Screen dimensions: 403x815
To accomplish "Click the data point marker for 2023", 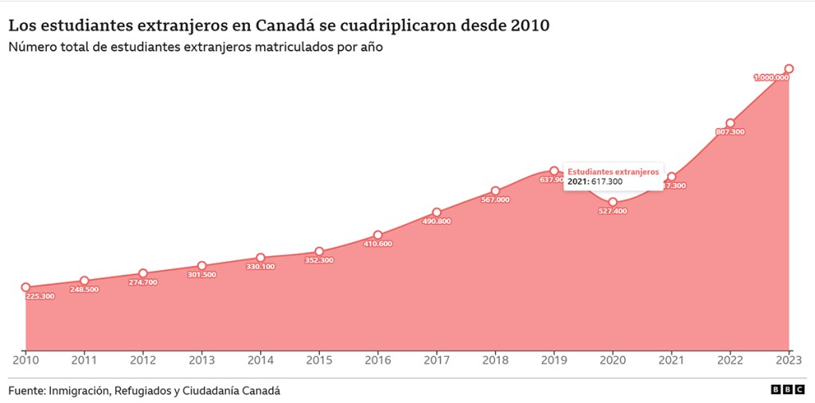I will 789,68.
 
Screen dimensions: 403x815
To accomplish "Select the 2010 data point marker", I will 25,288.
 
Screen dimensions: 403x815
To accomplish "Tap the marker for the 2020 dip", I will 613,202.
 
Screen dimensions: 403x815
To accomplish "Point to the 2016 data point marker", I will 378,236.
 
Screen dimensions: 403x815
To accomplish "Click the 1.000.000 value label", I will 771,77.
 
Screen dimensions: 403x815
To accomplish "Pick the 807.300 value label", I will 730,131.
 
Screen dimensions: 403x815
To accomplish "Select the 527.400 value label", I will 613,211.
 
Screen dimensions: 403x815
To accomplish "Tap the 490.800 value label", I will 436,221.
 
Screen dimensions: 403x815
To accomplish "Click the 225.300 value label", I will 41,296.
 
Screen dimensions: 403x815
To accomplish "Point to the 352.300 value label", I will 319,260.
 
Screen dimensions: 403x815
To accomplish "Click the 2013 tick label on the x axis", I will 201,360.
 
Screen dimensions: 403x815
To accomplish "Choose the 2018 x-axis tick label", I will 495,360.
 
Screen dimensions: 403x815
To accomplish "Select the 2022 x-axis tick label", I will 730,360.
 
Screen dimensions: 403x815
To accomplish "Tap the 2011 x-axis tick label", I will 84,360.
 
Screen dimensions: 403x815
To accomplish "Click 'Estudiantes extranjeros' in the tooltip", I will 613,171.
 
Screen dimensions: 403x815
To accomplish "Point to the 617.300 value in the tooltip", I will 606,182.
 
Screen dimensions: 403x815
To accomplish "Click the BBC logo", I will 787,390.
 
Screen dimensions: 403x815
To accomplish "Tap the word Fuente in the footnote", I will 26,390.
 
